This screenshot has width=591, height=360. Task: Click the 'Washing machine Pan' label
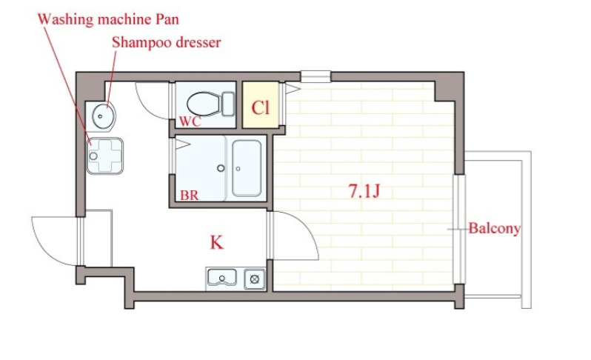[108, 19]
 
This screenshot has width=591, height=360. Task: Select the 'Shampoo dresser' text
[166, 43]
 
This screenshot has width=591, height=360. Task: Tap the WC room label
[190, 121]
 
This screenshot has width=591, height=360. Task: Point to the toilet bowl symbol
[204, 104]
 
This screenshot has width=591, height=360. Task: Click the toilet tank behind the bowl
[228, 104]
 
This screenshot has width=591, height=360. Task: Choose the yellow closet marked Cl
[261, 105]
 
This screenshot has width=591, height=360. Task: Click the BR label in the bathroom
[189, 196]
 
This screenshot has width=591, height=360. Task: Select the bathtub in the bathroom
[247, 168]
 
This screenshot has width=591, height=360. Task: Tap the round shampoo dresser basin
[103, 116]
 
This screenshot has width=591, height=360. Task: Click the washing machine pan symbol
[105, 156]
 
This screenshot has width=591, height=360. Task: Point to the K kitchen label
[217, 242]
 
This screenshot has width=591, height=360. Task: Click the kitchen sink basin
[222, 278]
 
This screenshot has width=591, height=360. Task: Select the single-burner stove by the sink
[255, 279]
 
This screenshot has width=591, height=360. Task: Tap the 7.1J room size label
[364, 191]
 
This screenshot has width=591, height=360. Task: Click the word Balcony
[495, 228]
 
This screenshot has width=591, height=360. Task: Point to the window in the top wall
[315, 76]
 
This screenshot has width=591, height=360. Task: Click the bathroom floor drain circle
[221, 168]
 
